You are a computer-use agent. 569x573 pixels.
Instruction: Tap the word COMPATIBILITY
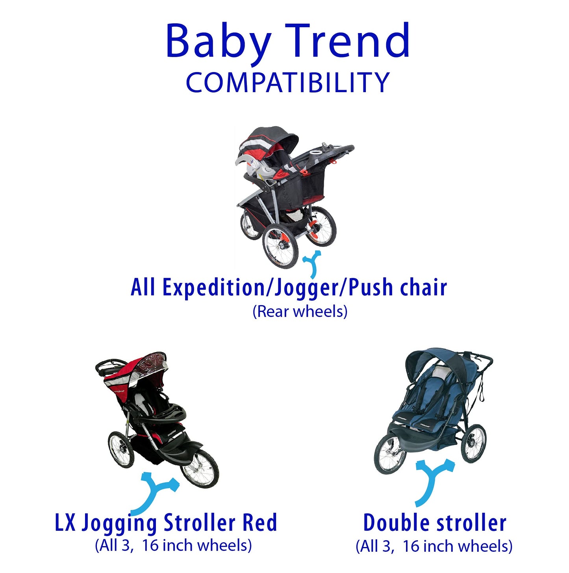[287, 83]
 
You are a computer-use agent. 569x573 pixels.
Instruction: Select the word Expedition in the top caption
[213, 287]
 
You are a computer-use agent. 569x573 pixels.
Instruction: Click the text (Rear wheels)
[300, 312]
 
